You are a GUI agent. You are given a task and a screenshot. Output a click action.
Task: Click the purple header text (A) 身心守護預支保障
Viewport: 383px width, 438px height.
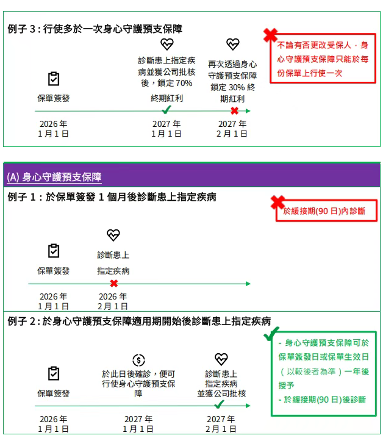[x=54, y=178]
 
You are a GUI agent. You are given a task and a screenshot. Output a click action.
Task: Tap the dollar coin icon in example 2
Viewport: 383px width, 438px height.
[x=138, y=360]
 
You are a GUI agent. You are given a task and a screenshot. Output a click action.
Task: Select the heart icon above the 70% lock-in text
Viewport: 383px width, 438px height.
[x=166, y=44]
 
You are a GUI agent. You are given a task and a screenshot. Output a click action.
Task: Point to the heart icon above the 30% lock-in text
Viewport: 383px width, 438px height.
[x=232, y=44]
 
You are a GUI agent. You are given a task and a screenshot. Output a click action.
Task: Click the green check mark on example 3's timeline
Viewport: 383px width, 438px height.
[x=166, y=110]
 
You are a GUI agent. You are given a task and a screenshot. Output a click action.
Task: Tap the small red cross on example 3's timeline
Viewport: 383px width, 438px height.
[x=234, y=110]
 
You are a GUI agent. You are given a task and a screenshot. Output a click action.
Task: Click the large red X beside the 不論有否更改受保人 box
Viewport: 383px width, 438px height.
[x=270, y=35]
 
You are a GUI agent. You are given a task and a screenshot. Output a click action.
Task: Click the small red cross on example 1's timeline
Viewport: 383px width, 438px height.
[x=113, y=284]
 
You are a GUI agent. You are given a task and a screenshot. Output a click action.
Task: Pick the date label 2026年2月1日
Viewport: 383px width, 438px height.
[x=113, y=301]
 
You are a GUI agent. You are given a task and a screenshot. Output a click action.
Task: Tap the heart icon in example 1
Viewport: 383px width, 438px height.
[x=113, y=235]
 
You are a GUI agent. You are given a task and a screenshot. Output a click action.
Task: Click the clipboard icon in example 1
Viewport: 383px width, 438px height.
[x=54, y=251]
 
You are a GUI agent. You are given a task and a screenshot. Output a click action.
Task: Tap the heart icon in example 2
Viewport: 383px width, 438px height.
[x=221, y=359]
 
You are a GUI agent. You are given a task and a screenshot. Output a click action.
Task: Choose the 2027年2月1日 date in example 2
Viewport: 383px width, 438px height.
[x=221, y=424]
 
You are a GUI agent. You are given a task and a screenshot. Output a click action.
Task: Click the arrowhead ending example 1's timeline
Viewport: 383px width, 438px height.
[x=248, y=284]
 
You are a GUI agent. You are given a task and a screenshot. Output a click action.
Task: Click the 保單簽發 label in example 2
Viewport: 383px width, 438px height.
[x=54, y=393]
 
